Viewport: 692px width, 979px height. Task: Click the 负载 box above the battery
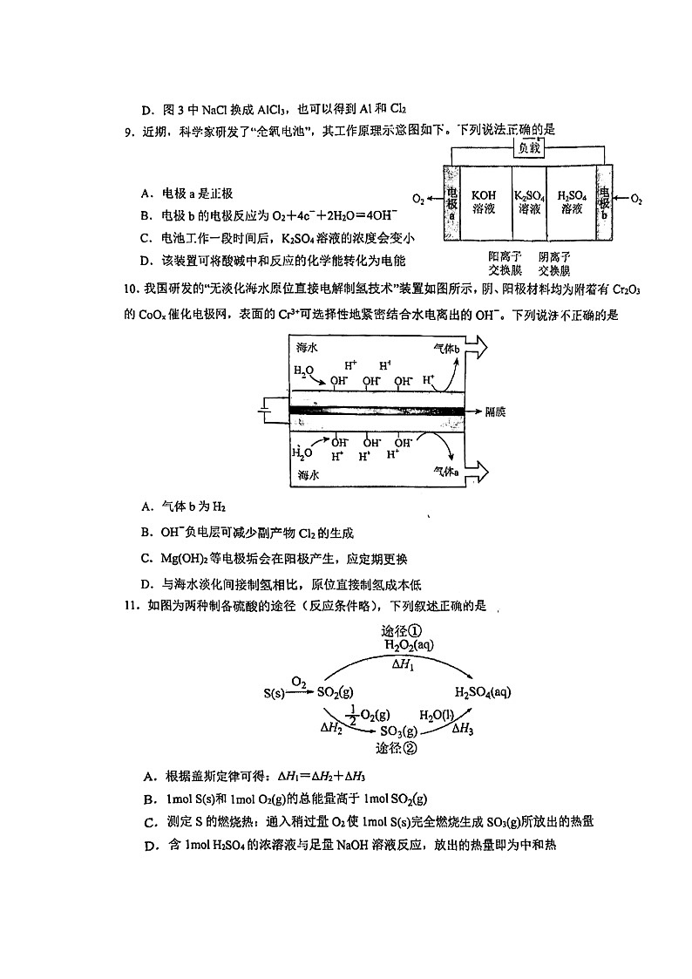tap(530, 148)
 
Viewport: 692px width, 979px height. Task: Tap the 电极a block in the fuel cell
tap(451, 201)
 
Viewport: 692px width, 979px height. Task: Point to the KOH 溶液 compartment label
tap(484, 201)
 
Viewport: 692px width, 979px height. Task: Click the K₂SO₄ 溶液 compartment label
tap(528, 201)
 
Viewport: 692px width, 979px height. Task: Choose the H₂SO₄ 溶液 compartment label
tap(572, 201)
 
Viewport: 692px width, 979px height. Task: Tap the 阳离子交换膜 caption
tap(505, 263)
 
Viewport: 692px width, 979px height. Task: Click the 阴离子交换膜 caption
tap(554, 263)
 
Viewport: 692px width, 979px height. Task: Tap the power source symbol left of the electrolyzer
tap(265, 408)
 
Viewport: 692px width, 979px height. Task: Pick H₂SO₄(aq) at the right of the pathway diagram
tap(482, 692)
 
